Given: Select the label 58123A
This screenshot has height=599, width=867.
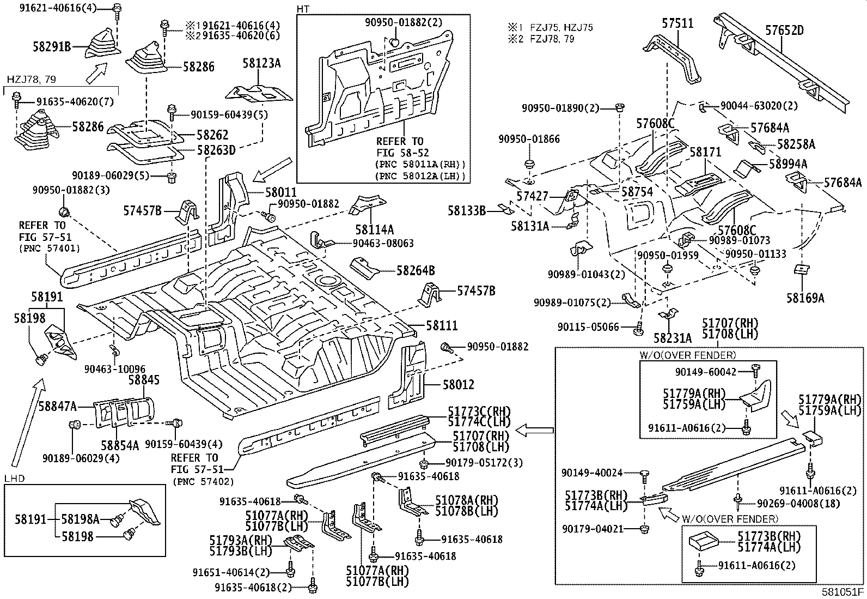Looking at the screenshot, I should pyautogui.click(x=261, y=64).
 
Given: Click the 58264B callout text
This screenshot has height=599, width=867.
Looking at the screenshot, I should pyautogui.click(x=416, y=270).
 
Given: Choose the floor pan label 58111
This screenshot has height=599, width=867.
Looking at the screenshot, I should pyautogui.click(x=442, y=325).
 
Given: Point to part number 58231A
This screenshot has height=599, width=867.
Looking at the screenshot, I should pyautogui.click(x=672, y=338).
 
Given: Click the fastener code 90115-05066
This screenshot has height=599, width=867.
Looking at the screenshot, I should pyautogui.click(x=588, y=327).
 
